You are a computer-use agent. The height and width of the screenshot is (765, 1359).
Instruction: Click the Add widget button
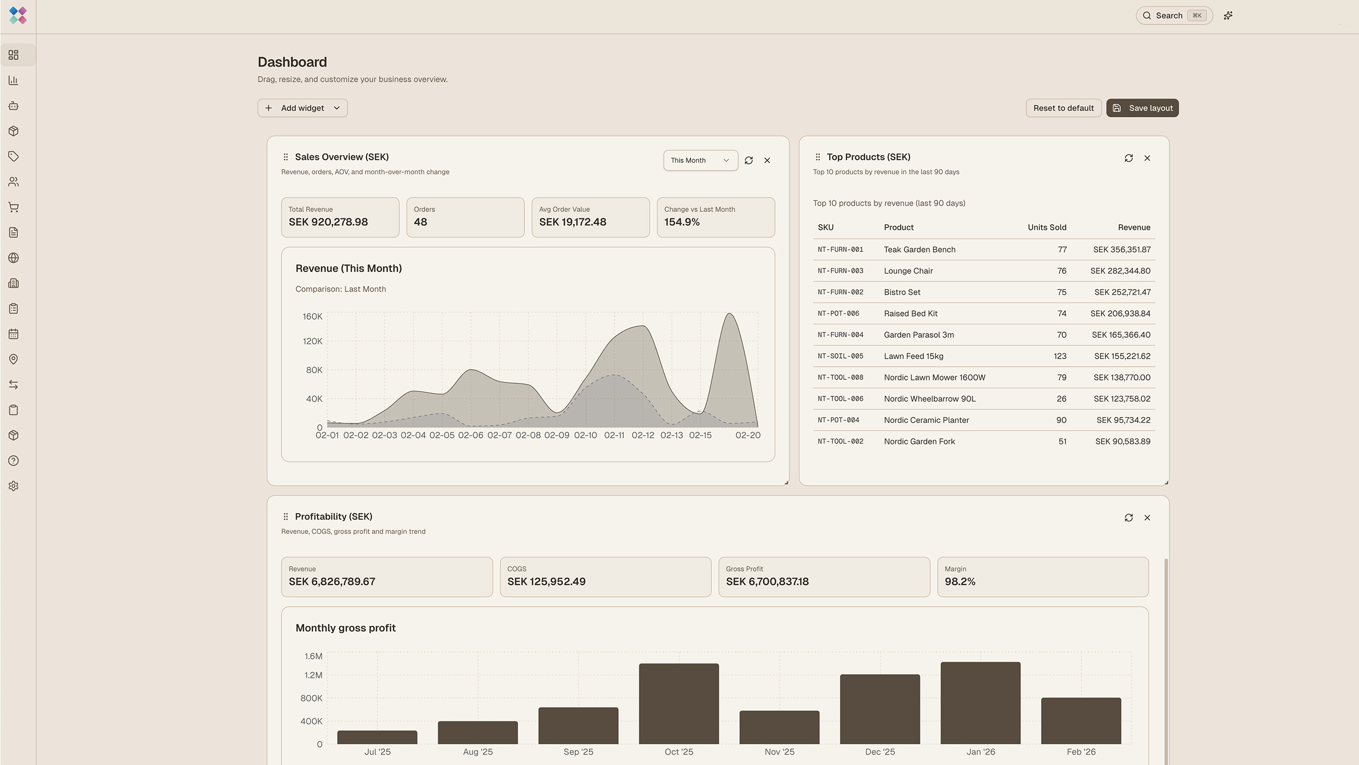302,108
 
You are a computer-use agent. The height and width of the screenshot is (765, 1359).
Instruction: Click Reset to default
1063,108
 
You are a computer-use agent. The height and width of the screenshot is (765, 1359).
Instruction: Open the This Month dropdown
700,160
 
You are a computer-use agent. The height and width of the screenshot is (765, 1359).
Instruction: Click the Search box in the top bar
1173,15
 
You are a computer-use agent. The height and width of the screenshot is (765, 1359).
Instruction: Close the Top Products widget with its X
1147,158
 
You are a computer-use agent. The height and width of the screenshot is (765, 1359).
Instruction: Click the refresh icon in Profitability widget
1129,517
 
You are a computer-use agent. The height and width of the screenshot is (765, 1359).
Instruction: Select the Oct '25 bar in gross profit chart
678,703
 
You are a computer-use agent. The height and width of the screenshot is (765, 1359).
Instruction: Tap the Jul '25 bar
377,737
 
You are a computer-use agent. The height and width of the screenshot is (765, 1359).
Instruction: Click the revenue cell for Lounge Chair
1120,271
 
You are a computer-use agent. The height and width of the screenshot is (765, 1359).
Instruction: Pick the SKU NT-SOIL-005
840,356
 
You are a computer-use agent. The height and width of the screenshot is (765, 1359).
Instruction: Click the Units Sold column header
1046,227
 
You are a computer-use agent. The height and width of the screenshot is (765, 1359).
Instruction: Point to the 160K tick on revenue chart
312,317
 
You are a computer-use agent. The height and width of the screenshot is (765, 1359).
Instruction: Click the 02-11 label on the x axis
614,435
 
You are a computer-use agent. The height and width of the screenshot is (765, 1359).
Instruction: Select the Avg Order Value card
590,217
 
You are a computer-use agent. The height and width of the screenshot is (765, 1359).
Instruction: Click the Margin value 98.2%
960,581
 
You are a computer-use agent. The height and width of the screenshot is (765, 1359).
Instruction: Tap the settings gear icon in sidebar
14,486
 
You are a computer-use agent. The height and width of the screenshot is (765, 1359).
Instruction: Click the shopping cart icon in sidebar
14,207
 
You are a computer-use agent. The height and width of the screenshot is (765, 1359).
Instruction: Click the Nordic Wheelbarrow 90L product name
930,399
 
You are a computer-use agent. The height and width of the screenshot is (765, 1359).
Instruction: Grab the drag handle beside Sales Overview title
286,157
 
